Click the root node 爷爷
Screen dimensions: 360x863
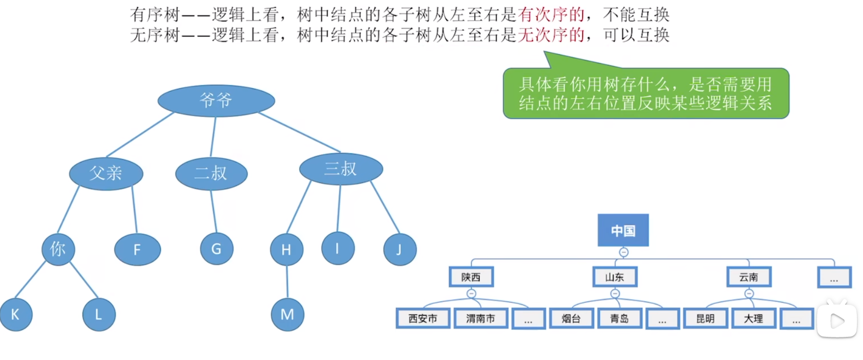[216, 100]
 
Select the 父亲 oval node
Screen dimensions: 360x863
[106, 173]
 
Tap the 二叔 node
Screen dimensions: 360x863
[211, 173]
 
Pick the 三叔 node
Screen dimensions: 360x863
[341, 169]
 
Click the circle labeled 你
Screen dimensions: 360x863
[58, 249]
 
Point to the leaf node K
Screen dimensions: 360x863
[16, 315]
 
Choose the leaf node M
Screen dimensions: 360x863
[287, 315]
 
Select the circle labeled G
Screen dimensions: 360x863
[216, 249]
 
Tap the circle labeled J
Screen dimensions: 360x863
[399, 249]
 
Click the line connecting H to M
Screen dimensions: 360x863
[287, 282]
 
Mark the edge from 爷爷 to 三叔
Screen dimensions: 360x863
[299, 132]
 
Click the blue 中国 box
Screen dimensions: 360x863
[623, 231]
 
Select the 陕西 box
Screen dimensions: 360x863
[471, 277]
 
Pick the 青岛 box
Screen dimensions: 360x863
[619, 319]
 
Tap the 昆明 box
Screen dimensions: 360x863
[705, 319]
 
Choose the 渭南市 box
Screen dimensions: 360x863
[480, 319]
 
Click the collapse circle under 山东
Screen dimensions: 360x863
[615, 294]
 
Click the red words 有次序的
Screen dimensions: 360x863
[551, 15]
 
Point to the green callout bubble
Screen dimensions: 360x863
[646, 94]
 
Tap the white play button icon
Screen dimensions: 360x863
[837, 321]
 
